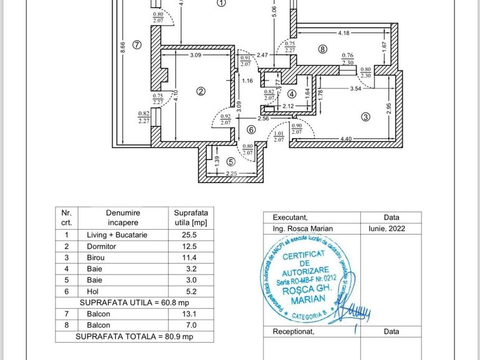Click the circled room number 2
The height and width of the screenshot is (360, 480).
point(201,92)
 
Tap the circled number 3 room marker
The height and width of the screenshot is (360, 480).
point(365,116)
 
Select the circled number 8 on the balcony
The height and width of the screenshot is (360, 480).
point(322,49)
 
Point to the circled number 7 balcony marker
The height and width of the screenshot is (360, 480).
point(137,44)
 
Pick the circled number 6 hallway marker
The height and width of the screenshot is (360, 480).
point(251,130)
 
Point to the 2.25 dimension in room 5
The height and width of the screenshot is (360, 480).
point(231,174)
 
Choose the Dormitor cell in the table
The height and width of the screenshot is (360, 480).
point(102,247)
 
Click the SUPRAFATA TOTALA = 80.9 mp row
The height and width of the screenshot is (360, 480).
point(135,336)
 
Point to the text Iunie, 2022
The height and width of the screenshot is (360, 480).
point(391,229)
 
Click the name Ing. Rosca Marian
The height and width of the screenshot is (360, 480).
point(303,229)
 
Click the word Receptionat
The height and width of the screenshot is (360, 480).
point(294,331)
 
